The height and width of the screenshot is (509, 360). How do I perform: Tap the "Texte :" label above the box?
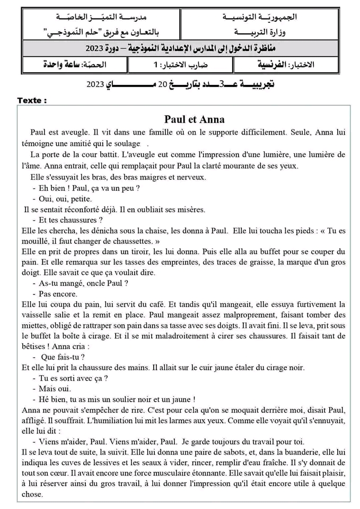click(32, 100)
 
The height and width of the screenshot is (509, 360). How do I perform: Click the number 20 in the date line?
click(163, 84)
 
